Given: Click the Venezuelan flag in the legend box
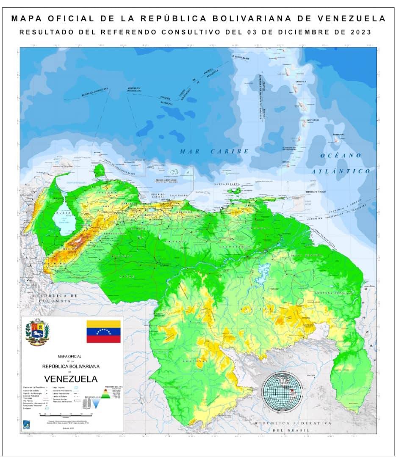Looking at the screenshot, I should pyautogui.click(x=103, y=331).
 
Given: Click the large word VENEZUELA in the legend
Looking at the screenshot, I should pyautogui.click(x=70, y=378).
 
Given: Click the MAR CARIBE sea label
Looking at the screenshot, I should pyautogui.click(x=214, y=151).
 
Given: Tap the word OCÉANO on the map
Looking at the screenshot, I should pyautogui.click(x=341, y=155).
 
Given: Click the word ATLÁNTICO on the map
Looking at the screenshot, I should pyautogui.click(x=341, y=171).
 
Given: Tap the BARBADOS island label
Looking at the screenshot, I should pyautogui.click(x=338, y=134).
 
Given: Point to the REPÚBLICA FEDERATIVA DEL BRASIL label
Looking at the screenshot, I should pyautogui.click(x=292, y=426).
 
